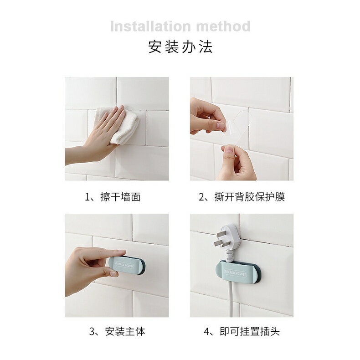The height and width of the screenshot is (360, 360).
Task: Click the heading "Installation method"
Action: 180,26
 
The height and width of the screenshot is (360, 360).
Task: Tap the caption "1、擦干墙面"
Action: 113,197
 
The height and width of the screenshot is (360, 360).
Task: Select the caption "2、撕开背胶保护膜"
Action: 242,197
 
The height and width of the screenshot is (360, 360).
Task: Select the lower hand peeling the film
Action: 237,164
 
